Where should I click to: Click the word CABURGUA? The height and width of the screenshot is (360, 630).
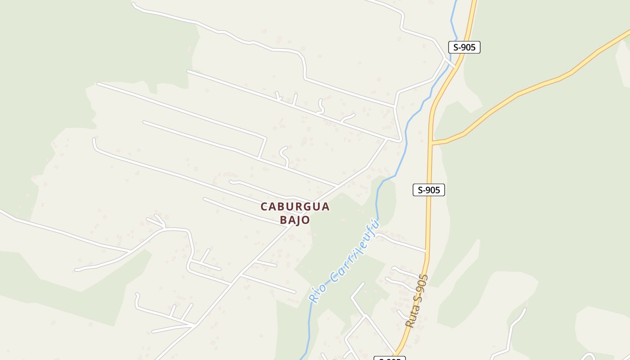(x=295, y=207)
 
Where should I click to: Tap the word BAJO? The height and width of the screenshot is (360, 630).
(x=295, y=220)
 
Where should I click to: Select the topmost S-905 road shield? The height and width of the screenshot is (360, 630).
(x=464, y=47)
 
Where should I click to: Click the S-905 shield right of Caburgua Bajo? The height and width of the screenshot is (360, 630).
(x=429, y=190)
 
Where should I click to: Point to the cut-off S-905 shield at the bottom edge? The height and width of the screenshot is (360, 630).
(x=390, y=358)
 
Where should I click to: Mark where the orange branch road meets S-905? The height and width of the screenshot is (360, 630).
(x=431, y=143)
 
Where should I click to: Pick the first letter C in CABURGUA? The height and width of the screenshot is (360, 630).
(x=265, y=207)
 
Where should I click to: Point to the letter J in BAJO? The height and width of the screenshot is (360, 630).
(x=299, y=220)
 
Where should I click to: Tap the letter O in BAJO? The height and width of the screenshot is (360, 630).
(x=306, y=220)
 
